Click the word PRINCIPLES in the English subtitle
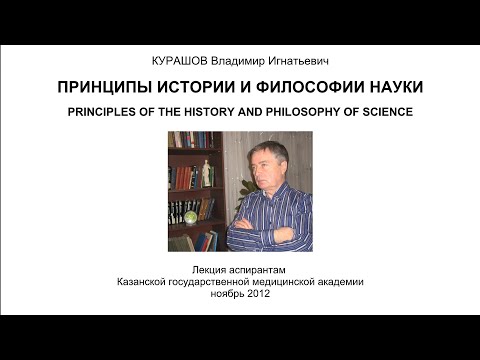click(x=118, y=111)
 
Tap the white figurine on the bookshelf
click(x=207, y=173)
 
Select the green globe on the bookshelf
click(x=191, y=214)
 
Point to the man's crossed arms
click(x=262, y=233)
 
